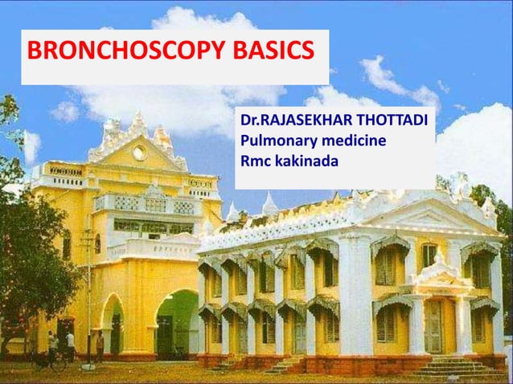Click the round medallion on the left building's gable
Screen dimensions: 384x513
tap(139, 153)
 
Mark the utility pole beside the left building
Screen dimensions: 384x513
tap(88, 297)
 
